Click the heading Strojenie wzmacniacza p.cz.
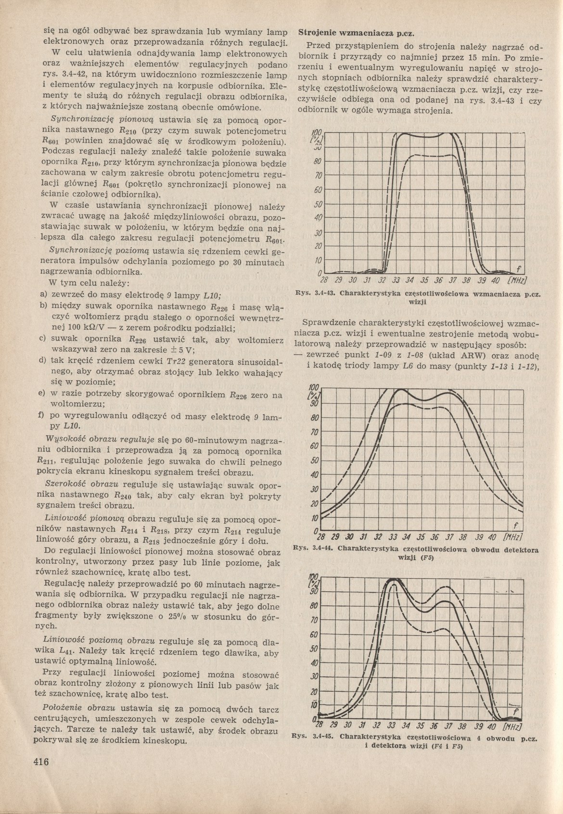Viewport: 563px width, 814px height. pos(357,33)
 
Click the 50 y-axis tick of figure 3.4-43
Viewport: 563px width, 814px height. pos(318,204)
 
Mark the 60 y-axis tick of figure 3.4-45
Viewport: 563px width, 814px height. pos(314,635)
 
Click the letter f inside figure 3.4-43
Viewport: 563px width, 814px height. pos(519,268)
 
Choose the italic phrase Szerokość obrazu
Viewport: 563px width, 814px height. pos(81,483)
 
